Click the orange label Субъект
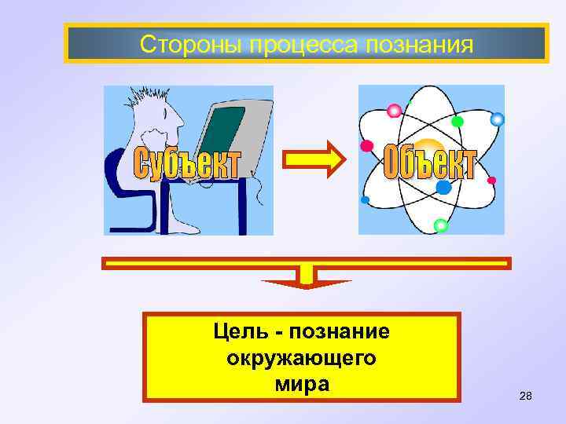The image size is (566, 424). pyautogui.click(x=186, y=163)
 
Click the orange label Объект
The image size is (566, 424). pyautogui.click(x=429, y=163)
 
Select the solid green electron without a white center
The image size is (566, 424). pyautogui.click(x=458, y=122)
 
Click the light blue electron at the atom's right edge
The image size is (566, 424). pyautogui.click(x=497, y=119)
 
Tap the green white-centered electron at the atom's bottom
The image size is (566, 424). pyautogui.click(x=441, y=225)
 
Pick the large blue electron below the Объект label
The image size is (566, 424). pyautogui.click(x=443, y=188)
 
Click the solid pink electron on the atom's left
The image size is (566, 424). pyautogui.click(x=366, y=146)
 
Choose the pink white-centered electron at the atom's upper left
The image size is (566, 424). pyautogui.click(x=393, y=109)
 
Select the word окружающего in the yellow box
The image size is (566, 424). pyautogui.click(x=301, y=358)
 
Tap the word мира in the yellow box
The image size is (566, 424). pyautogui.click(x=302, y=385)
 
